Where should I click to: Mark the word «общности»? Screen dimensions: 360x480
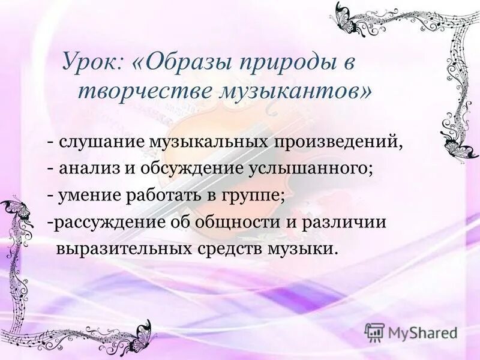coord(234,222)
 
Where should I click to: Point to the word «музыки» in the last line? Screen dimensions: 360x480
coord(305,248)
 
